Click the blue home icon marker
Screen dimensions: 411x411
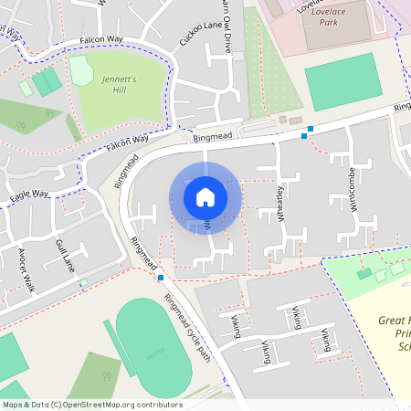[205, 197]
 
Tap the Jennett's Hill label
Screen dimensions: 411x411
[119, 85]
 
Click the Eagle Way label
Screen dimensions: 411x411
[29, 195]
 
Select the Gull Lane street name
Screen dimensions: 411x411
[64, 255]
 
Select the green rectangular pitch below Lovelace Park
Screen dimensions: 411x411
[340, 80]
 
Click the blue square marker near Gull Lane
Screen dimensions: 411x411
[161, 277]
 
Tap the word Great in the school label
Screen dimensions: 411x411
[393, 321]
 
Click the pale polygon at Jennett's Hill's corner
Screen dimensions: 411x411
[81, 69]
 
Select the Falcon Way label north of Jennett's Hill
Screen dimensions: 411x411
[100, 40]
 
